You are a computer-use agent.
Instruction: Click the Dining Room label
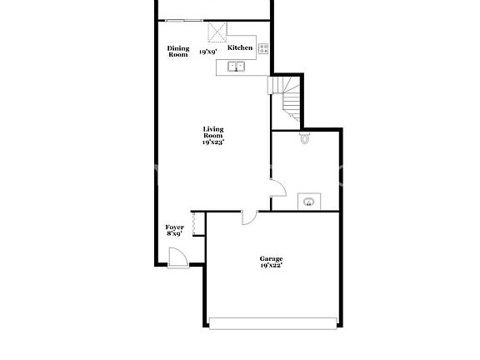coord(177,52)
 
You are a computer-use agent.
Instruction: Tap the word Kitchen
coord(240,48)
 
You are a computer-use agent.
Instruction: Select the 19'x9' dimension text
coord(208,53)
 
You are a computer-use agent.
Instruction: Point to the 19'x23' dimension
coord(213,142)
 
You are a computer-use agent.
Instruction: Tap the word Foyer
coord(174,227)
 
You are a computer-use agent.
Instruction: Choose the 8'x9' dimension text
coord(174,234)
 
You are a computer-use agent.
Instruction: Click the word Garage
coord(272,259)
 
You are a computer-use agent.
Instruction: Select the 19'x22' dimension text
coord(272,266)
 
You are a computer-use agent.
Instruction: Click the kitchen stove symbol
coord(263,48)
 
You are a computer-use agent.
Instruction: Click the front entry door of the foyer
coord(177,259)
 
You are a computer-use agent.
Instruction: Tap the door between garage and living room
coord(247,217)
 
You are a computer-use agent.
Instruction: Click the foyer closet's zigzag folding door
coord(194,225)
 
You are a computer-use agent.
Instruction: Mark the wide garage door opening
coord(274,323)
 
